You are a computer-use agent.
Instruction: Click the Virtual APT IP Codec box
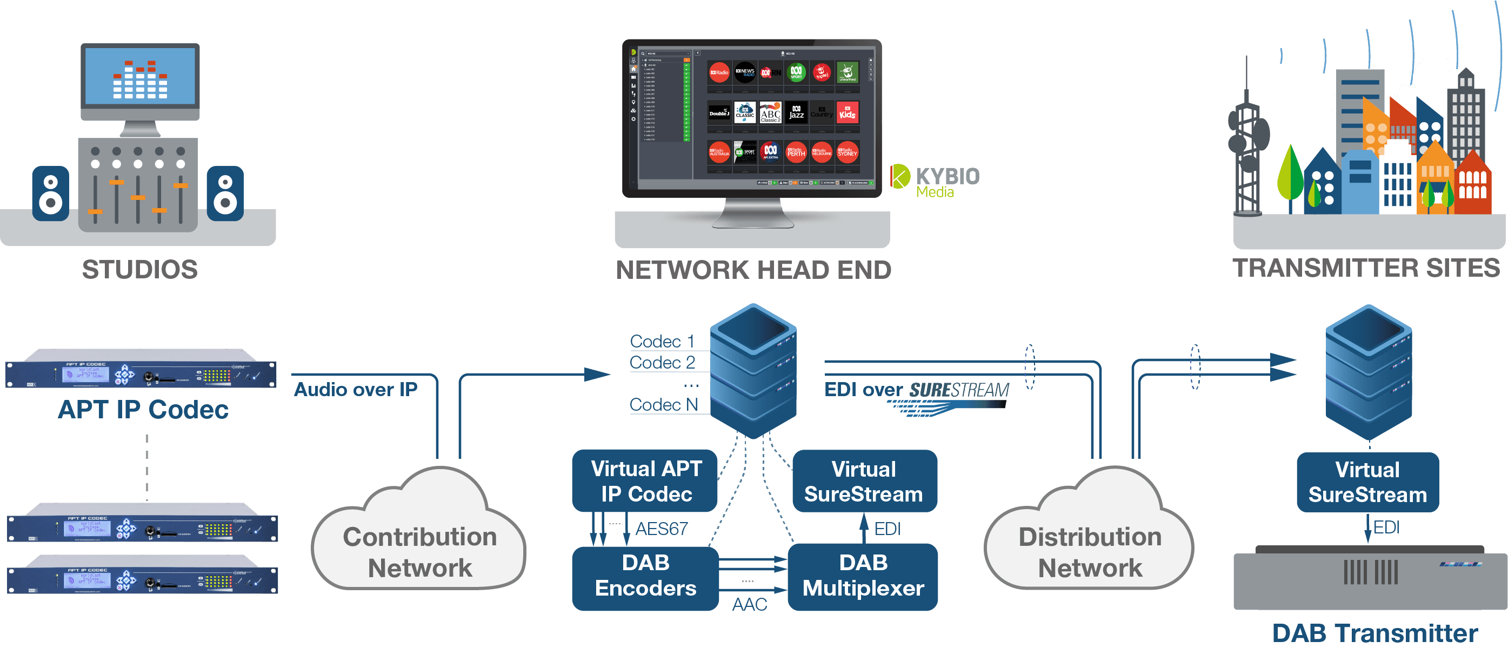tap(645, 481)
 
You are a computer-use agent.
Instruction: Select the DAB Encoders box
tap(645, 576)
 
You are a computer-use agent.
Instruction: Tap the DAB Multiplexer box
tap(863, 576)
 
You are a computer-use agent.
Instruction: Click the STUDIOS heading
tap(139, 270)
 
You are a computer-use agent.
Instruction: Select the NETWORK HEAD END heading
tap(753, 270)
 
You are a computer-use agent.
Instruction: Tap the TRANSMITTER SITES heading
tap(1366, 268)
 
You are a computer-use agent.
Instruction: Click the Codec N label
tap(663, 404)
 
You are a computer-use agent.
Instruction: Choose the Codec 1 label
tap(662, 341)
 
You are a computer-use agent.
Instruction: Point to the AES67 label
tap(662, 529)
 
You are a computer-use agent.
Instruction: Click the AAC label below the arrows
tap(749, 604)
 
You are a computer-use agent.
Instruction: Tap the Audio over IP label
tap(355, 389)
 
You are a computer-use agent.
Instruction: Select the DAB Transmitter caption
tap(1374, 633)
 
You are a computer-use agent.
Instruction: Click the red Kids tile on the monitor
tap(847, 113)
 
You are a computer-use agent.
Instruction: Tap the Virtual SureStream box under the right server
tap(1367, 482)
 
